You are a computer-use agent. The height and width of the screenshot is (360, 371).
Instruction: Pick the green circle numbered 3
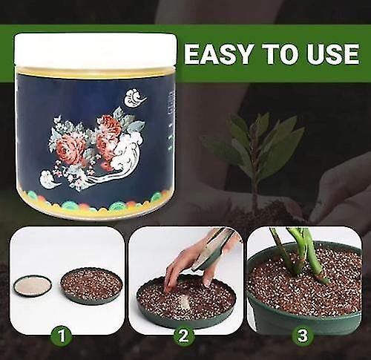301,336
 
